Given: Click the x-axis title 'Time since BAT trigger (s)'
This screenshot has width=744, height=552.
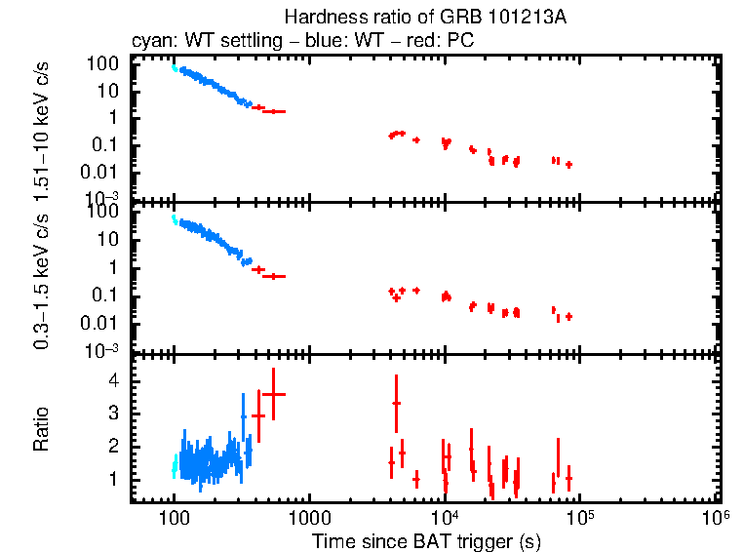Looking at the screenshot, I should (426, 540).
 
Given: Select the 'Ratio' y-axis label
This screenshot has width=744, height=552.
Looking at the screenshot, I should (42, 429).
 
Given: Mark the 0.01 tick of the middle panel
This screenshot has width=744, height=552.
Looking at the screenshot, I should (103, 324).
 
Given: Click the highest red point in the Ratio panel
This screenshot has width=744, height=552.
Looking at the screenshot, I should (274, 394).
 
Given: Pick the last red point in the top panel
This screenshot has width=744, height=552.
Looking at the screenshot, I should (568, 165).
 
